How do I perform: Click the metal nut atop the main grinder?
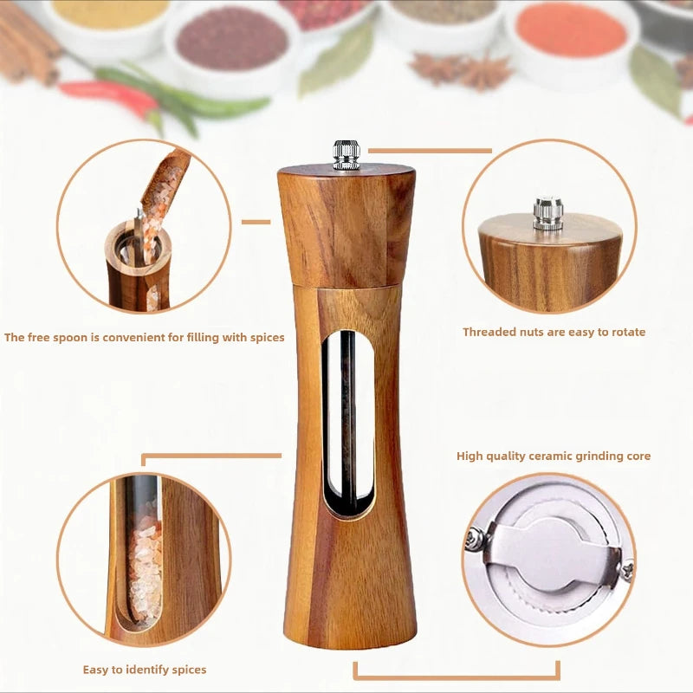[x=346, y=154]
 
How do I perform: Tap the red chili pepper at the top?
[x=108, y=95]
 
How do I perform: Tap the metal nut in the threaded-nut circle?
[x=547, y=213]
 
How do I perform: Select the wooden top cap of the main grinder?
[x=346, y=225]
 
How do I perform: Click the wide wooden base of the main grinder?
[x=350, y=598]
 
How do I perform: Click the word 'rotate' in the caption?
[x=626, y=332]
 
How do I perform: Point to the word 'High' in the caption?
[x=470, y=456]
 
